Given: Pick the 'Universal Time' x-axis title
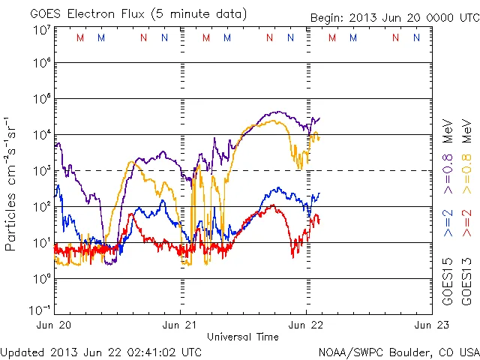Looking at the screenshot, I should click(x=242, y=337).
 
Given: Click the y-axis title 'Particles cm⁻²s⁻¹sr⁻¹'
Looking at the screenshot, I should click(x=11, y=184).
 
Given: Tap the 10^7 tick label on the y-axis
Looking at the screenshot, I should click(x=41, y=30).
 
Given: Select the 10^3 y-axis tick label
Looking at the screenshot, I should click(x=41, y=170).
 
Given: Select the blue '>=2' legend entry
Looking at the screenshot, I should click(x=448, y=223).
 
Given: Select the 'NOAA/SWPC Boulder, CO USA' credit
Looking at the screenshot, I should click(x=398, y=351).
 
